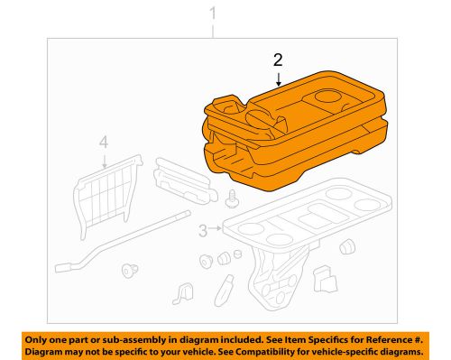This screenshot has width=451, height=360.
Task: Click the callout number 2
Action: tap(279, 61)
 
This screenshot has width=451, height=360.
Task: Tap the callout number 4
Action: tap(104, 142)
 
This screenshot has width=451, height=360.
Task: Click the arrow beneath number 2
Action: tap(279, 79)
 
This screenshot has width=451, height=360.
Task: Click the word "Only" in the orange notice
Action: tap(43, 337)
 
